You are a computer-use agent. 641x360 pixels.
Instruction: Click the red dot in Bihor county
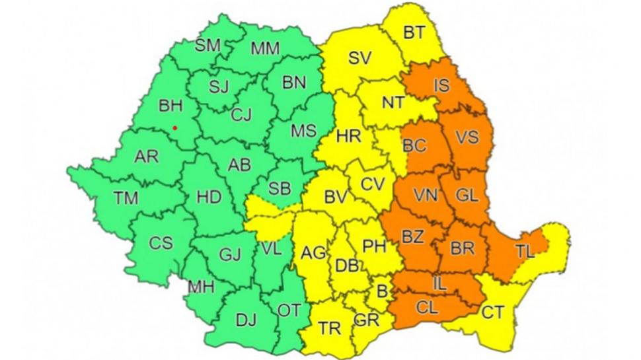pos(174,127)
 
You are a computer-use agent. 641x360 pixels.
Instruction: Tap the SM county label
pos(208,45)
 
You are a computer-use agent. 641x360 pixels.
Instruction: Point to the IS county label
pos(441,85)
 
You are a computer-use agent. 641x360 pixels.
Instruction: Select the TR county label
pos(330,328)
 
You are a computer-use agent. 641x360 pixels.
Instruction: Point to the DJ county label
pos(246,321)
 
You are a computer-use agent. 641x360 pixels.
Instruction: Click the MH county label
pos(201,287)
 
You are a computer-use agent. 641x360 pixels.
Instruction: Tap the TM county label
pos(126,197)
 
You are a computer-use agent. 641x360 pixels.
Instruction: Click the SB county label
pos(280,188)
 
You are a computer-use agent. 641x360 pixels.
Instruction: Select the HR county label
pos(348,137)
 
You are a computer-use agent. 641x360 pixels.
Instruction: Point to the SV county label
pos(359,57)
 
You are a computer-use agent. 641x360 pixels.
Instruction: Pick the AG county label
pos(313,253)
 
